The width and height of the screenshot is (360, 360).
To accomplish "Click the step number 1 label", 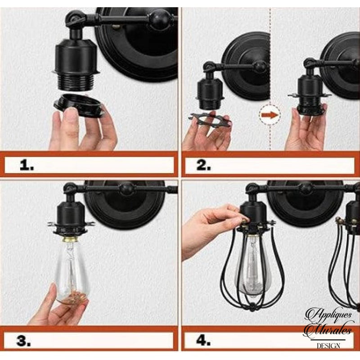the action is tap(27, 165).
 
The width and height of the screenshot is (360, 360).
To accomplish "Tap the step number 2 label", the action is tap(203, 165).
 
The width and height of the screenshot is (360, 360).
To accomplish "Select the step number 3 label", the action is tap(23, 341).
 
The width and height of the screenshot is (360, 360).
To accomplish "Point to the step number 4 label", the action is tap(203, 341).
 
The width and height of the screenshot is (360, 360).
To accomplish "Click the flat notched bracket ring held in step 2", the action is tap(209, 118).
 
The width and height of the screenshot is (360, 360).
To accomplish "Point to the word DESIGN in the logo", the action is tap(328, 345).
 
